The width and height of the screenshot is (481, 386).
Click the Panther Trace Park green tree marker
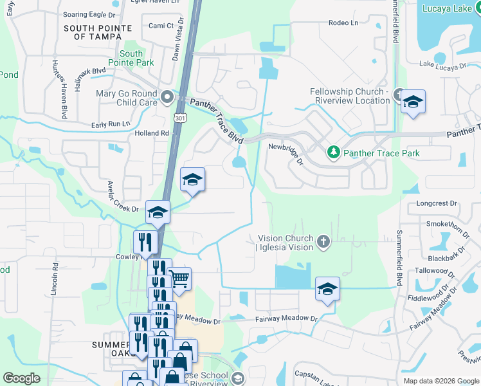333,152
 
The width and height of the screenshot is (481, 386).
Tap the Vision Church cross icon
323,242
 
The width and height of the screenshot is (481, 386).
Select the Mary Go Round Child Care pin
168,97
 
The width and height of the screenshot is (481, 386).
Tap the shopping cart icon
179,279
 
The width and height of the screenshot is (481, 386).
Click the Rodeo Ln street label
343,23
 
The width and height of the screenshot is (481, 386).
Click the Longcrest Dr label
436,203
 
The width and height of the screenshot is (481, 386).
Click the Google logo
21,378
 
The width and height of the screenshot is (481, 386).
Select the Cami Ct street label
161,26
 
